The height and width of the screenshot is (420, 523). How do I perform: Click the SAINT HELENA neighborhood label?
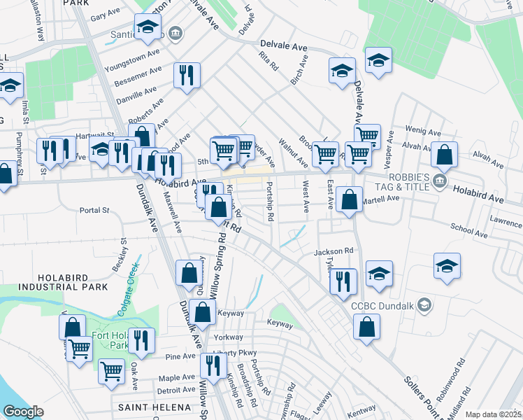pyautogui.click(x=154, y=407)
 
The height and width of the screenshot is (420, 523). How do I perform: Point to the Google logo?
pyautogui.click(x=23, y=412)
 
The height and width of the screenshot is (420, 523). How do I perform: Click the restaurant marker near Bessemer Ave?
pyautogui.click(x=187, y=75)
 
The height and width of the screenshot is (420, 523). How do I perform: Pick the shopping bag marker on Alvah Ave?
pyautogui.click(x=444, y=155)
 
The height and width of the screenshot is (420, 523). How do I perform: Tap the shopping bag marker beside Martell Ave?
pyautogui.click(x=349, y=199)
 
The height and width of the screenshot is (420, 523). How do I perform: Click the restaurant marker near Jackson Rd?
pyautogui.click(x=343, y=281)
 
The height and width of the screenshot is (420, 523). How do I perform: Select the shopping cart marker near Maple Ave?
pyautogui.click(x=111, y=371)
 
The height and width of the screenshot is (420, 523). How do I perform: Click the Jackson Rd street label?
pyautogui.click(x=334, y=251)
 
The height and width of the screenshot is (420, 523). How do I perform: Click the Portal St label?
pyautogui.click(x=95, y=210)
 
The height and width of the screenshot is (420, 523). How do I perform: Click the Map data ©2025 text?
pyautogui.click(x=494, y=414)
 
